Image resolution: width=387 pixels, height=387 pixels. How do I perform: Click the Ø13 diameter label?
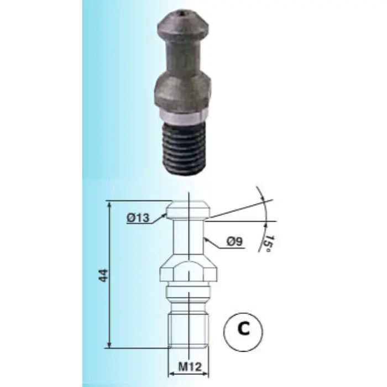138,218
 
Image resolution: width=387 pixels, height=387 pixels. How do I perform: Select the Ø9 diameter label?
234,242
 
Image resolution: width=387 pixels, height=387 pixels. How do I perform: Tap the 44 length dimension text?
103,275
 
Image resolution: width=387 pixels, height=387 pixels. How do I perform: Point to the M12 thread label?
190,367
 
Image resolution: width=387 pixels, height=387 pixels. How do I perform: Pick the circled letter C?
243,332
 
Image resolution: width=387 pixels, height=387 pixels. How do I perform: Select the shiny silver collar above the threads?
182,119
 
